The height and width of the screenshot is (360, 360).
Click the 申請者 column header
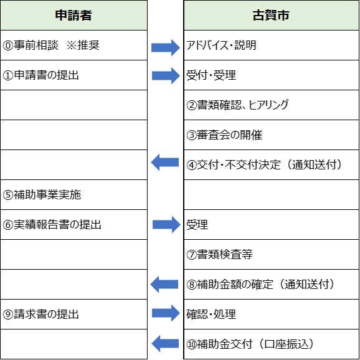tap(73, 15)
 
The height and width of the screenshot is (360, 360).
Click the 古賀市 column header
tap(271, 15)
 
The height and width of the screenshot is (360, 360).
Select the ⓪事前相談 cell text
tap(31, 45)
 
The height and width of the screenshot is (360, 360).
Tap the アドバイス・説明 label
tap(221, 45)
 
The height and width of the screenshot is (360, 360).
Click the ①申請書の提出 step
tap(41, 75)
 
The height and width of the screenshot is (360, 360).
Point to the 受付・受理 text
tap(211, 75)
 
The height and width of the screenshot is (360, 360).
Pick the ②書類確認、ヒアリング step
tap(237, 105)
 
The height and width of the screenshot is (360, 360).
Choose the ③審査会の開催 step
tap(224, 135)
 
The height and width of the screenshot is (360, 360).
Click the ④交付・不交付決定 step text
tap(234, 164)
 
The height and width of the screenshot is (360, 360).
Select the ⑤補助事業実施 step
tap(42, 195)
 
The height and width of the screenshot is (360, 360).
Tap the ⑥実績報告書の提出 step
tap(52, 225)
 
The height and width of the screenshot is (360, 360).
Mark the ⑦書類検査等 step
tap(219, 254)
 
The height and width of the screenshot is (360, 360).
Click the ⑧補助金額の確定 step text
tap(230, 284)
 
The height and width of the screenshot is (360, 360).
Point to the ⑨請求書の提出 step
tap(41, 314)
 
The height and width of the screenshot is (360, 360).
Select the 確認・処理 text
tap(211, 314)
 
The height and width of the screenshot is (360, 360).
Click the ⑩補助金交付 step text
tap(219, 344)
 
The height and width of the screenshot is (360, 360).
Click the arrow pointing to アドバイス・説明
tap(166, 48)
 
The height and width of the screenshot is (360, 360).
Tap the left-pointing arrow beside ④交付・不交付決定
tap(165, 163)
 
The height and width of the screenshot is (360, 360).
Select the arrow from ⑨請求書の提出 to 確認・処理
tap(166, 313)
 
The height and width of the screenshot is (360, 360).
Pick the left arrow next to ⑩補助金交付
tap(165, 343)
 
